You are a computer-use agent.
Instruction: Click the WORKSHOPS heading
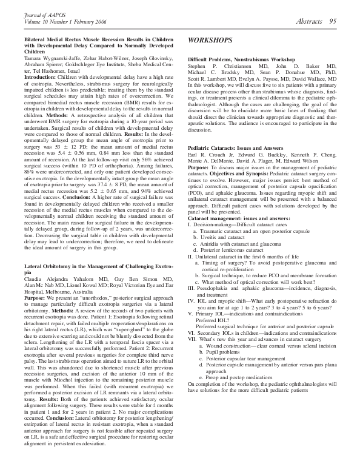[210, 40]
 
